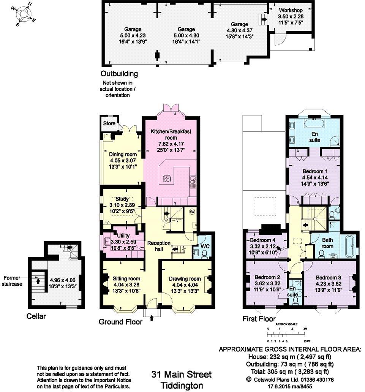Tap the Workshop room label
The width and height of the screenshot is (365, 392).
pos(291,10)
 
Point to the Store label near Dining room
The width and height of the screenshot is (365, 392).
pos(109,123)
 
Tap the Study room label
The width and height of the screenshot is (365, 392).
pos(122,199)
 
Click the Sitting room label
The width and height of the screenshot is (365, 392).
pos(122,279)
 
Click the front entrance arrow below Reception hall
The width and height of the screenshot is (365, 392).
pos(152,318)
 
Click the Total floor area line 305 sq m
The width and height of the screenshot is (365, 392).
pos(290,371)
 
